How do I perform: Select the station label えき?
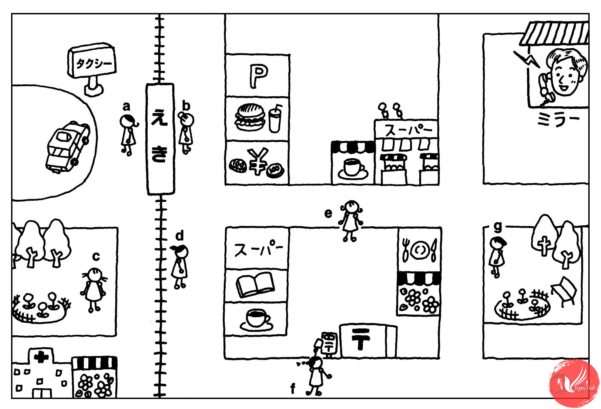(160, 138)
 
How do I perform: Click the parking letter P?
(258, 76)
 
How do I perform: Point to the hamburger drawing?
(250, 117)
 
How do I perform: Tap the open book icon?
(255, 284)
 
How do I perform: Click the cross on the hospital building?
(41, 357)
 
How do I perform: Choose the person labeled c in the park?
(94, 290)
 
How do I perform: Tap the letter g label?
(498, 227)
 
